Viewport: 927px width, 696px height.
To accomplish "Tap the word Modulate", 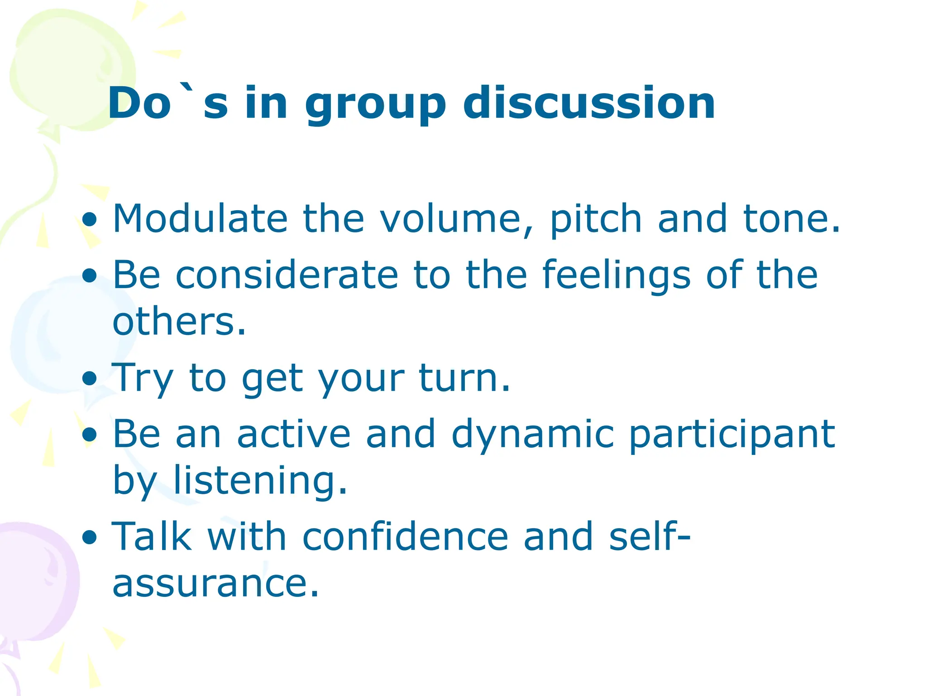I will (200, 219).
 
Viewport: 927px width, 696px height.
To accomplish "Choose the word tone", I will (791, 219).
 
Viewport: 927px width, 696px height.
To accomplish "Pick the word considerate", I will (287, 275).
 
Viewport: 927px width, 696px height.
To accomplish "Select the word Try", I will (142, 379).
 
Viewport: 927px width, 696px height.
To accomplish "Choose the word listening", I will (260, 481).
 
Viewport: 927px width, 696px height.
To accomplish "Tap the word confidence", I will (405, 537).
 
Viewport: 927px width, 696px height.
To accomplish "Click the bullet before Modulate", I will (90, 220).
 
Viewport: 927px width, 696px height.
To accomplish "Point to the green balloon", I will (68, 68).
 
